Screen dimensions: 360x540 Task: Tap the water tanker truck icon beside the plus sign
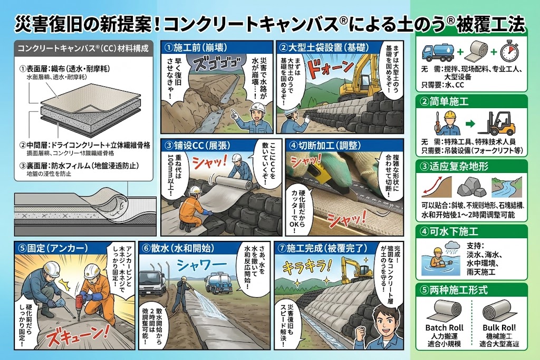coord(437,53)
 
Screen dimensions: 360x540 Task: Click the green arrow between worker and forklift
coord(469,125)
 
